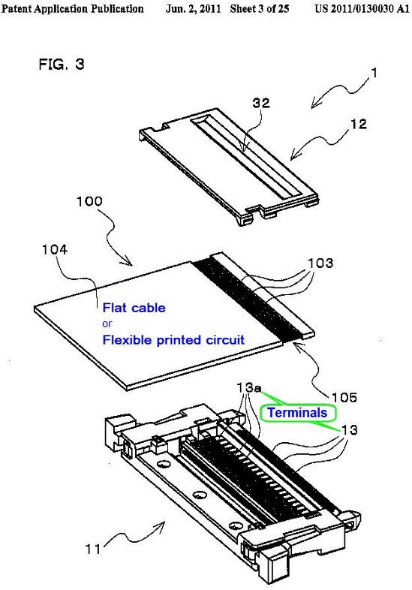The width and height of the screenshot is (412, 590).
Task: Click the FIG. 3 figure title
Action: (62, 65)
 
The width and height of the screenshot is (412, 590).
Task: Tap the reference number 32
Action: (260, 103)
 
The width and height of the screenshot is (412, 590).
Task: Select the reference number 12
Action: (358, 124)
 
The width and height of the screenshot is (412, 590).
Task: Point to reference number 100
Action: (89, 201)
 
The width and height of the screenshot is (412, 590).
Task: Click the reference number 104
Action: (55, 249)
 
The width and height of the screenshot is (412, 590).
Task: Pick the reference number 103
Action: (320, 263)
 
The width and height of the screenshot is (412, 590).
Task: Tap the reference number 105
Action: (344, 397)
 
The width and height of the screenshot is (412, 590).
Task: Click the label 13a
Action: (248, 387)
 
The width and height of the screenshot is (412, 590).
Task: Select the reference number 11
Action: (93, 549)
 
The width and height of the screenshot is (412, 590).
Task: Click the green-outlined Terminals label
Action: (297, 413)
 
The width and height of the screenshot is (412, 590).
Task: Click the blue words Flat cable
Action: (134, 308)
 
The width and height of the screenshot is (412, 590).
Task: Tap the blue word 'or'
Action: (107, 324)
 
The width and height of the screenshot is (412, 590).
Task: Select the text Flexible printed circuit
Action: (173, 340)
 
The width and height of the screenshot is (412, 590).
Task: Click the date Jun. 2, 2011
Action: (193, 9)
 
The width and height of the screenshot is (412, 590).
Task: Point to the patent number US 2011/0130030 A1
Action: (361, 9)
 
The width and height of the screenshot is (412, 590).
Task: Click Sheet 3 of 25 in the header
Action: (260, 9)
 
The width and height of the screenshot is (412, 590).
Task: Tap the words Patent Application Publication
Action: (72, 9)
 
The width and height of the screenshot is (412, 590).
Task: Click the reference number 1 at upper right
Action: (374, 73)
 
